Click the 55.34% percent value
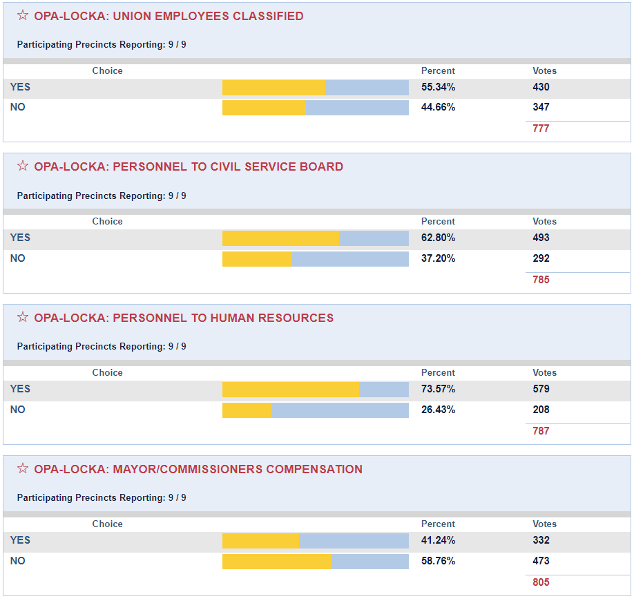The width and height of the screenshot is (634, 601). click(438, 87)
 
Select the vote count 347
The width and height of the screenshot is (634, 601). click(541, 107)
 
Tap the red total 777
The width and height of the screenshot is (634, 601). click(541, 128)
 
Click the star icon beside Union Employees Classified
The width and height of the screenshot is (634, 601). click(23, 15)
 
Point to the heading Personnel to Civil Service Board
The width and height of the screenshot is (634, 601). click(189, 166)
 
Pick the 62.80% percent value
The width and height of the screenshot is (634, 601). click(438, 238)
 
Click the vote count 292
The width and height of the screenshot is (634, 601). click(541, 258)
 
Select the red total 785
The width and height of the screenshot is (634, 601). click(541, 280)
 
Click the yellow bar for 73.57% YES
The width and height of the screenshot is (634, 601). click(290, 389)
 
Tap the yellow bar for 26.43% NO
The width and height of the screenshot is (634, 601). click(247, 410)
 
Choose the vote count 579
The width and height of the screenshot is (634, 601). click(541, 389)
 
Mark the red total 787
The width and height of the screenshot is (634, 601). click(541, 431)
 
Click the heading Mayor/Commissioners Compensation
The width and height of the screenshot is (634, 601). click(198, 469)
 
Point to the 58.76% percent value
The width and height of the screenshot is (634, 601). click(438, 561)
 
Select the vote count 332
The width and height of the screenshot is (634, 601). click(541, 540)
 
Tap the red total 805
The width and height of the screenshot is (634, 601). click(541, 582)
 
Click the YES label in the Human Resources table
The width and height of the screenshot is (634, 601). click(20, 389)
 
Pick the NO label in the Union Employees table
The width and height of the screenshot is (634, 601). click(17, 107)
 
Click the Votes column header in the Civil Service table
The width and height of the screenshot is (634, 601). click(544, 222)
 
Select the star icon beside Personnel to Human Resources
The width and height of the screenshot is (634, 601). click(23, 317)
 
